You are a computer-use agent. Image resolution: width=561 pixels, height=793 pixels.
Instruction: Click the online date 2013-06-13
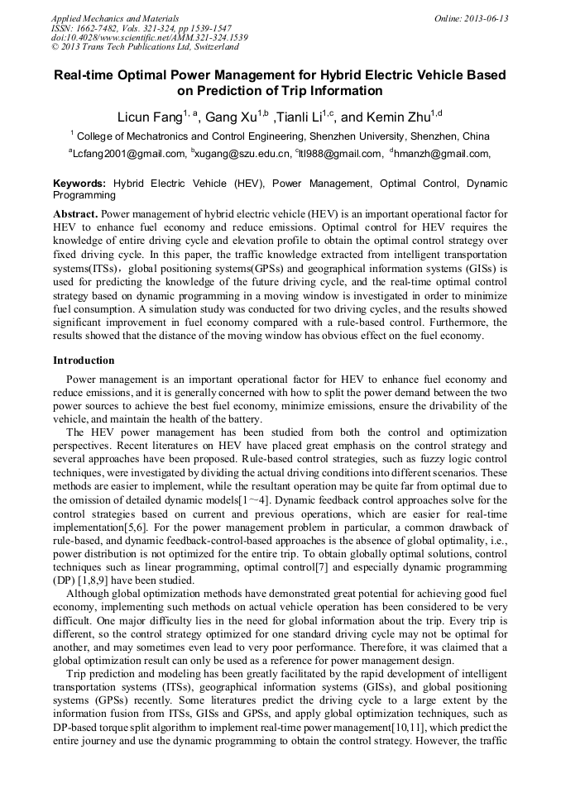(x=482, y=18)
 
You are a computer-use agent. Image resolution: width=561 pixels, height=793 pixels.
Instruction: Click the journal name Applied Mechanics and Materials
(x=115, y=18)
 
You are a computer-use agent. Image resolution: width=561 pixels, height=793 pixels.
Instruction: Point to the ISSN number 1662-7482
(x=98, y=27)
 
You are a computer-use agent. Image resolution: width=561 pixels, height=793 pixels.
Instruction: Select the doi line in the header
(x=149, y=37)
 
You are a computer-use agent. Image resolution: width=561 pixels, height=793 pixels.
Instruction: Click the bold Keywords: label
(x=79, y=184)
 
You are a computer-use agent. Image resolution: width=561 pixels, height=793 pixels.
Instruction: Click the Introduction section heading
(x=84, y=361)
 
